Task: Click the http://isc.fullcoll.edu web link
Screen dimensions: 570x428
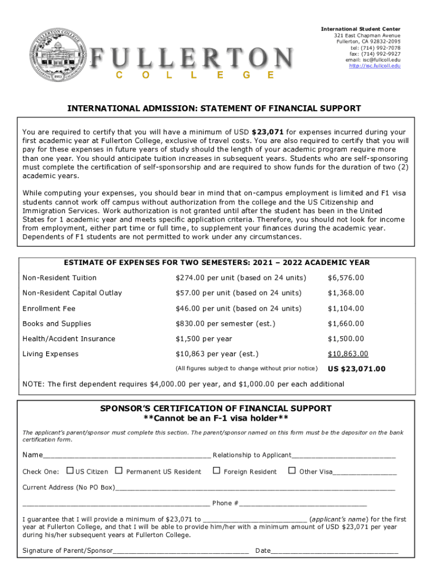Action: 374,66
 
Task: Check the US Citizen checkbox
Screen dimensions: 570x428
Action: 69,471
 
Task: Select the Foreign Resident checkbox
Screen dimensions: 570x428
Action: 216,471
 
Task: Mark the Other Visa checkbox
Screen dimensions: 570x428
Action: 292,471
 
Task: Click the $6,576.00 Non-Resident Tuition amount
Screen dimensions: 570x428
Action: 346,278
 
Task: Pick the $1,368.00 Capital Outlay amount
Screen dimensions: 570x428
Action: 346,293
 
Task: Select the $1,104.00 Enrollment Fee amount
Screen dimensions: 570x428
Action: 346,308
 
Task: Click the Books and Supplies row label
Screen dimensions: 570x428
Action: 57,323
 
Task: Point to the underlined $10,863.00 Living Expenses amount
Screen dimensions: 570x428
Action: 348,354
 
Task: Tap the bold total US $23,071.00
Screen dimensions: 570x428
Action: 356,369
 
